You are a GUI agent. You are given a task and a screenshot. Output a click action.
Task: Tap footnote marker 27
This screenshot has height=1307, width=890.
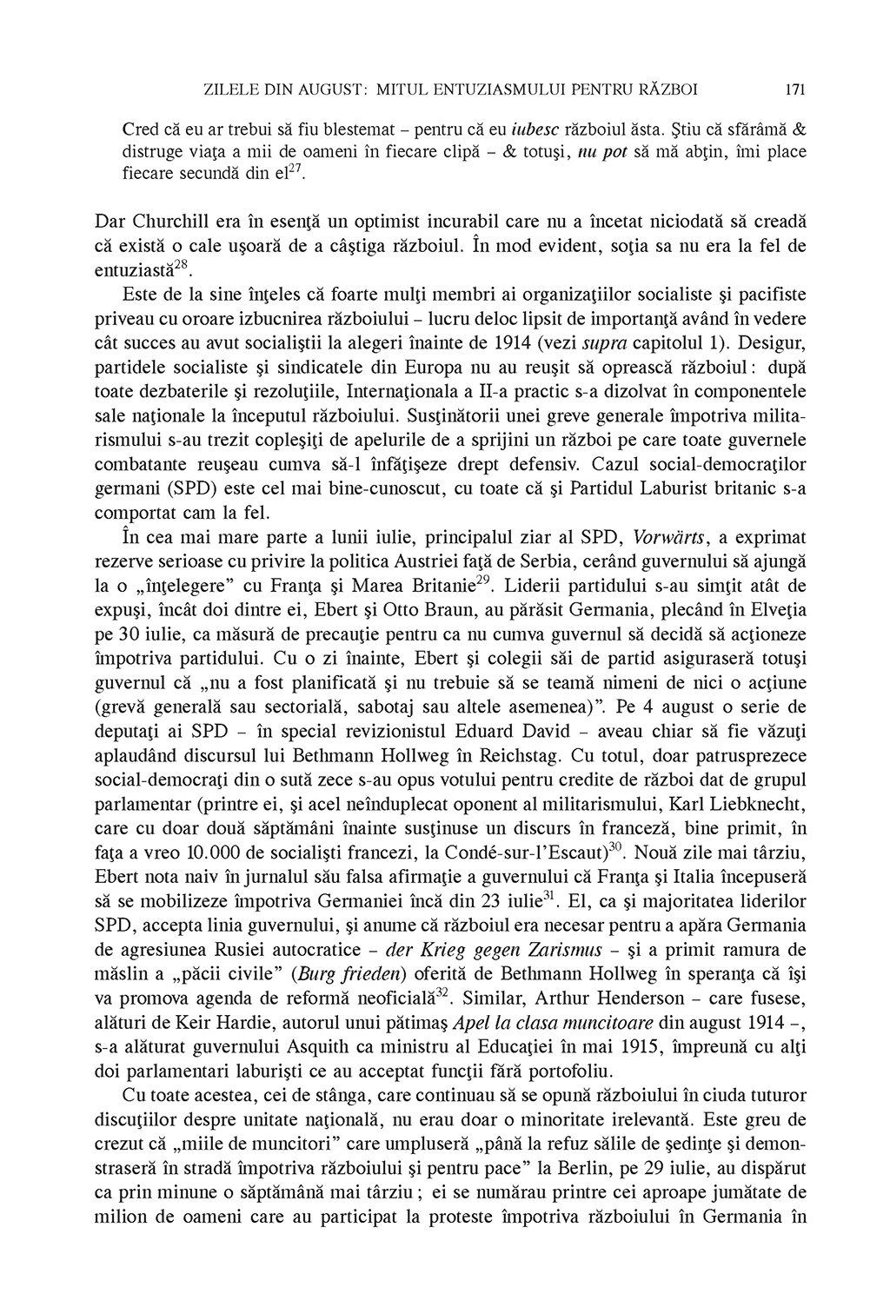pyautogui.click(x=295, y=166)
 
